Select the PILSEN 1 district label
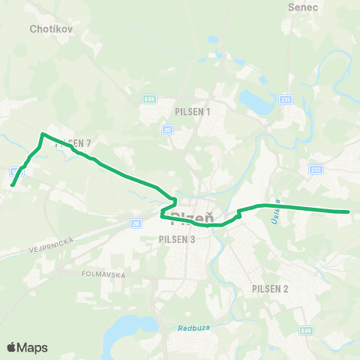click(193, 112)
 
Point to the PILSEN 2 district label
click(271, 289)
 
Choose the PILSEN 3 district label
click(177, 240)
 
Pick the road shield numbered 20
click(167, 130)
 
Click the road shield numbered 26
click(135, 223)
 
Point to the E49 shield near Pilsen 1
click(150, 97)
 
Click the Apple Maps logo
click(27, 347)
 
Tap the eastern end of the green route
click(349, 211)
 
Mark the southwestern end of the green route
click(12, 184)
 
